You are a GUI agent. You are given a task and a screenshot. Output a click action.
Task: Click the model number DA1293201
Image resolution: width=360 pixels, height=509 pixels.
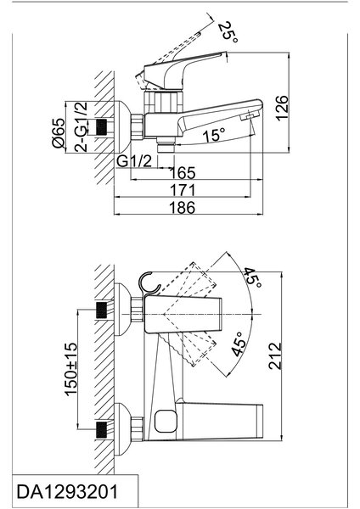point(67,491)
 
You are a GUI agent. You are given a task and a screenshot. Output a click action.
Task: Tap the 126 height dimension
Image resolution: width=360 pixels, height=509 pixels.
point(282,108)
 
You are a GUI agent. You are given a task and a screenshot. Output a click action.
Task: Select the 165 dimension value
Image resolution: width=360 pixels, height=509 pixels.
point(183,173)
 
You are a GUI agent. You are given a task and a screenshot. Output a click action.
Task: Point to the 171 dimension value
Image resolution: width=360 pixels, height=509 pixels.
point(183,190)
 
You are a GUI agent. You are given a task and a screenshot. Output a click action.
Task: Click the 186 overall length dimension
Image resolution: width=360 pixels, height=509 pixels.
point(183,208)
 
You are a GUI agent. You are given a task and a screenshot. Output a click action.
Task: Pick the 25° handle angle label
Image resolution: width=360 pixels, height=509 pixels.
point(228,31)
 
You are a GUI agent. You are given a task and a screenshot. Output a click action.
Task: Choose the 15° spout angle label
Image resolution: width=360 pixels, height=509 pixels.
point(214,135)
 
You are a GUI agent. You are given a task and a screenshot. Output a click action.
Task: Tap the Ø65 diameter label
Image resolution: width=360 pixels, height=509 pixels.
point(59,133)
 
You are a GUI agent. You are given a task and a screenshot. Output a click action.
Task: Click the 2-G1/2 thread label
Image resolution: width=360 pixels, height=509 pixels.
point(82,127)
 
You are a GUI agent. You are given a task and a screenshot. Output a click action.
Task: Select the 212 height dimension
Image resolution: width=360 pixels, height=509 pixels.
point(275,355)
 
